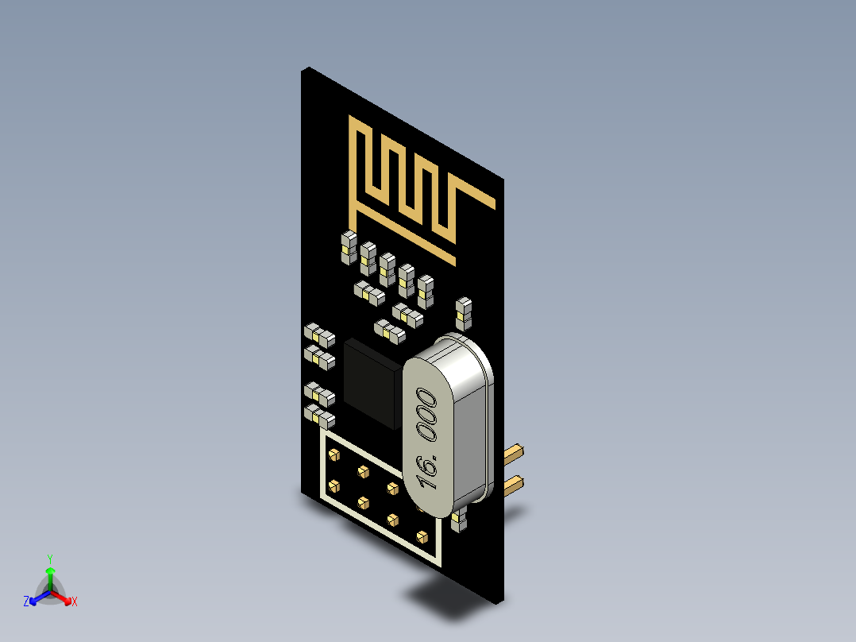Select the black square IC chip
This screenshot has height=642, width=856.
point(371,381)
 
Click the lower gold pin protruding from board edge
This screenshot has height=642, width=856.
point(515,483)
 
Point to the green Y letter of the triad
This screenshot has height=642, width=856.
point(49,558)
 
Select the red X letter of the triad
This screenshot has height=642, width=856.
point(75,602)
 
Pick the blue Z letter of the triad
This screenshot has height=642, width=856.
point(26,602)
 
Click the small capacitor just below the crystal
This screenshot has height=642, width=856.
point(457,521)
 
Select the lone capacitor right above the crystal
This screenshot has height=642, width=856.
point(464,312)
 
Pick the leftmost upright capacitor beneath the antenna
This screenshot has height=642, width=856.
point(347,247)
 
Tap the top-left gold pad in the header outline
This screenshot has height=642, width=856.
point(334,455)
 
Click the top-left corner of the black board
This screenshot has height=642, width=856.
point(303,69)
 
